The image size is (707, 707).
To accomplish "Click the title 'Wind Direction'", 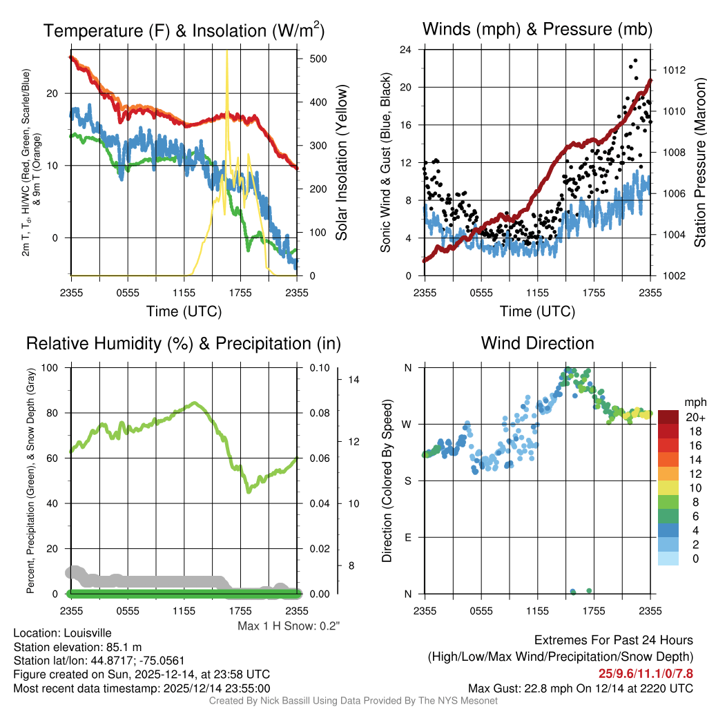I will (x=537, y=343).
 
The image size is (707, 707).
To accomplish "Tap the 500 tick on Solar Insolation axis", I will (x=318, y=59).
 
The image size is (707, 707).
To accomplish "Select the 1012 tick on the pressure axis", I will (x=672, y=70).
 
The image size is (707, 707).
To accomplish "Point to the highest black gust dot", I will (x=635, y=61).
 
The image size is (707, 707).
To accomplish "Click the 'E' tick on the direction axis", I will (x=408, y=537).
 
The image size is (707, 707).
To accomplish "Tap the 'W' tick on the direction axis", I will (x=408, y=424).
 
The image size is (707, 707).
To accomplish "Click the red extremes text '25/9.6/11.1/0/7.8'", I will (x=645, y=672).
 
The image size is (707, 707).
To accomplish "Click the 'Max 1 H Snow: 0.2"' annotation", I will (x=288, y=626).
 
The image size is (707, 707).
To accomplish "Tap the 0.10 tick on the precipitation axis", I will (x=318, y=367).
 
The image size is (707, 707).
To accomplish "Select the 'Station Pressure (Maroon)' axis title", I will (x=699, y=166).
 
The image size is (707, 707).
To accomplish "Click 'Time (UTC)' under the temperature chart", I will (x=184, y=311).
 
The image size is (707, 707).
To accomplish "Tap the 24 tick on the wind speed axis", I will (x=406, y=50).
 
